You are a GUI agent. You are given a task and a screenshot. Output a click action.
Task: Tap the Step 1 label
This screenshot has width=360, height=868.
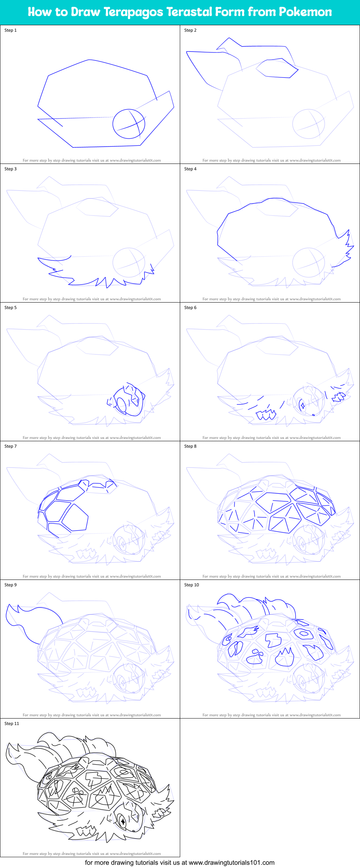click(x=10, y=30)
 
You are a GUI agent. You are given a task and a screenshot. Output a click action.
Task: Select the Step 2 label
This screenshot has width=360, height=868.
click(x=190, y=30)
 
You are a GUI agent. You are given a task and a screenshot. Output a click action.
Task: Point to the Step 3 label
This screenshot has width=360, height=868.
click(x=10, y=169)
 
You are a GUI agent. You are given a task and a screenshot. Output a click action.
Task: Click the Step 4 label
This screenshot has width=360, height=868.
click(x=190, y=169)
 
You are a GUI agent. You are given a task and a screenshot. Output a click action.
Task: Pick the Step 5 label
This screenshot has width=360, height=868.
click(x=10, y=308)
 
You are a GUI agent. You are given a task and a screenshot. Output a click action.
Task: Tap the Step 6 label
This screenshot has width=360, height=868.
click(x=190, y=308)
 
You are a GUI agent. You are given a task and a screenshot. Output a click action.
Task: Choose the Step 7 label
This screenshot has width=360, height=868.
click(x=10, y=446)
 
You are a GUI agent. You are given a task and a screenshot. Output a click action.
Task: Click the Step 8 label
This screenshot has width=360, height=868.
click(x=190, y=446)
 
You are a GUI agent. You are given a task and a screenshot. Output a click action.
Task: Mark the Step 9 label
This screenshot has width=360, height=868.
click(x=10, y=585)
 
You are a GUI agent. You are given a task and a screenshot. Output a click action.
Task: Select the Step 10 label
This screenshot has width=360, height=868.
click(x=191, y=585)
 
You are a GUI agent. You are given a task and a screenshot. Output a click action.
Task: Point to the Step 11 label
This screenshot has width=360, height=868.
click(x=12, y=724)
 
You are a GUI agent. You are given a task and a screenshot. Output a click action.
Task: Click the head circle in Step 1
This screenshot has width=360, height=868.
click(x=129, y=124)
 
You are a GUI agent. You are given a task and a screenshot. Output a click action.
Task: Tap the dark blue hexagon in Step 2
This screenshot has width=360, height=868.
click(x=277, y=68)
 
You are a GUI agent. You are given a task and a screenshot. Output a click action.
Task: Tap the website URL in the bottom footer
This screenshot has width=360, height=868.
click(x=231, y=863)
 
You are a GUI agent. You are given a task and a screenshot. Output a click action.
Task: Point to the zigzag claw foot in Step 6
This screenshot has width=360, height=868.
click(x=266, y=415)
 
